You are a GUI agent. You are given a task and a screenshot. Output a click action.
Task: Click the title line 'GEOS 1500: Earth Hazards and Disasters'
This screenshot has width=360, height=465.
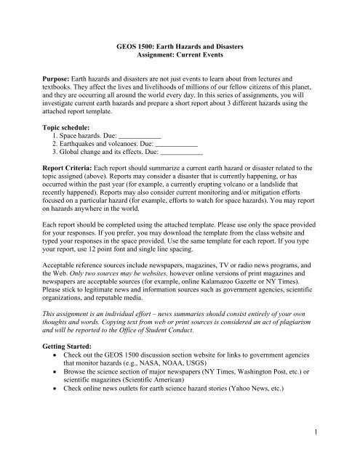tap(179, 46)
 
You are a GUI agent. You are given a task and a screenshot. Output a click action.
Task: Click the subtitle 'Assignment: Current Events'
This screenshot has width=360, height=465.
tap(179, 55)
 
